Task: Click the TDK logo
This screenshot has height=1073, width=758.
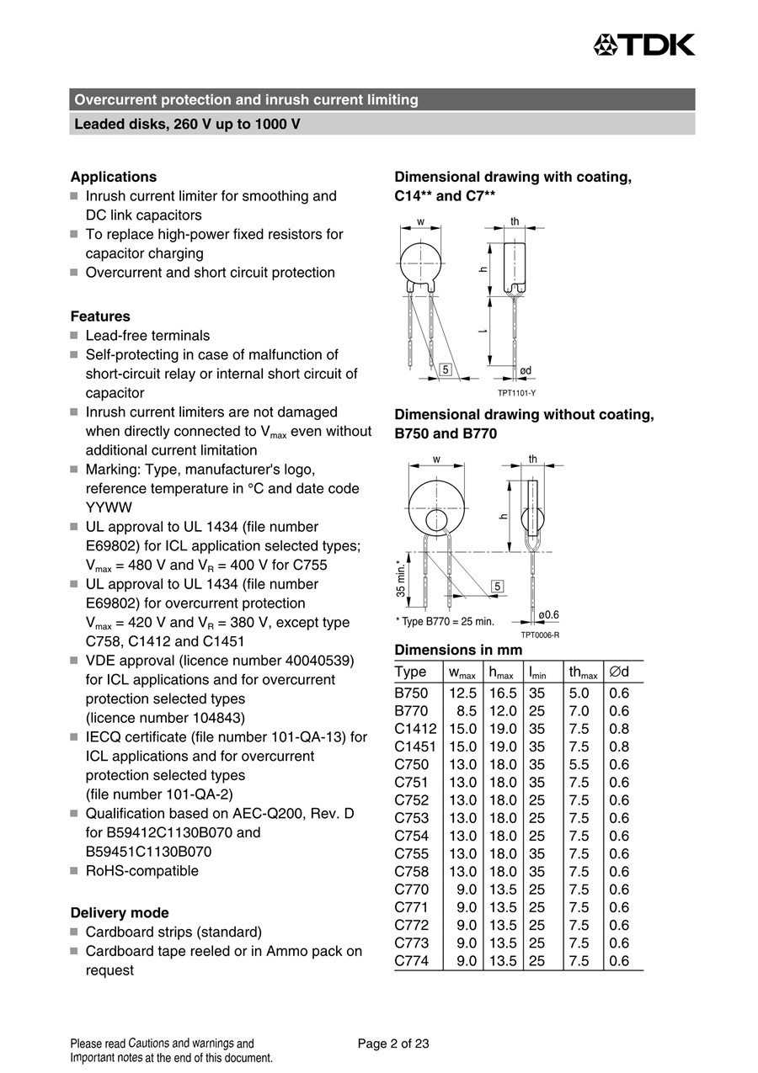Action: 644,45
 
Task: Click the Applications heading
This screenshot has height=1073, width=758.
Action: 113,177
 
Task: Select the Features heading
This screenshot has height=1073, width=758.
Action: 100,316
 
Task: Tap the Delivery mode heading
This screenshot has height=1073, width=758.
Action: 120,912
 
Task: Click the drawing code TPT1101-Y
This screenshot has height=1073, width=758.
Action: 515,393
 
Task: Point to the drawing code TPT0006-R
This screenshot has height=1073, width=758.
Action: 539,635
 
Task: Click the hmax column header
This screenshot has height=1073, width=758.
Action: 502,672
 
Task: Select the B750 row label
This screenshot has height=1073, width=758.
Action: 411,693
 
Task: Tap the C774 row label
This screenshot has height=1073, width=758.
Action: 411,960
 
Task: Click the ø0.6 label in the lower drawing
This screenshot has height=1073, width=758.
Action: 548,615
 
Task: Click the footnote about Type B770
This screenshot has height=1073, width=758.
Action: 445,622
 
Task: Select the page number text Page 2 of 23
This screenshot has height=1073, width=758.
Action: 393,1044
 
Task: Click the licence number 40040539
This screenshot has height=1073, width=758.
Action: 312,660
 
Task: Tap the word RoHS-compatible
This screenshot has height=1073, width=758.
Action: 142,871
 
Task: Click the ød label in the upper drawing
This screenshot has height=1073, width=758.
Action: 526,370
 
